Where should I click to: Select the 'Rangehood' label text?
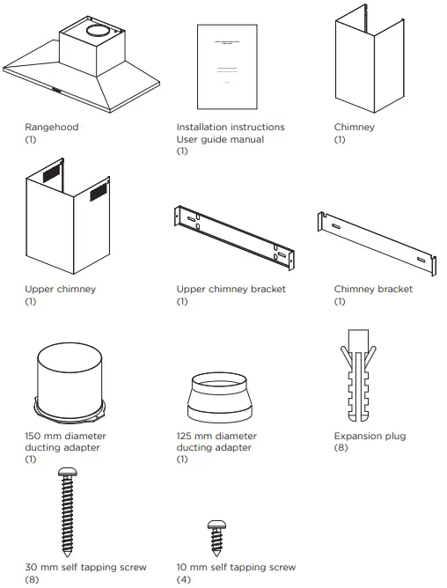pos(51,128)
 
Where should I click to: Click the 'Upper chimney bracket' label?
pos(231,290)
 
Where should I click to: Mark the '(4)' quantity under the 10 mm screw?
pos(184,580)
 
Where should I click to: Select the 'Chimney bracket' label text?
pos(373,290)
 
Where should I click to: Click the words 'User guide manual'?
pos(220,140)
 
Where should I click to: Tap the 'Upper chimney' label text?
pos(61,290)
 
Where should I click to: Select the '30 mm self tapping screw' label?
pos(85,568)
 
